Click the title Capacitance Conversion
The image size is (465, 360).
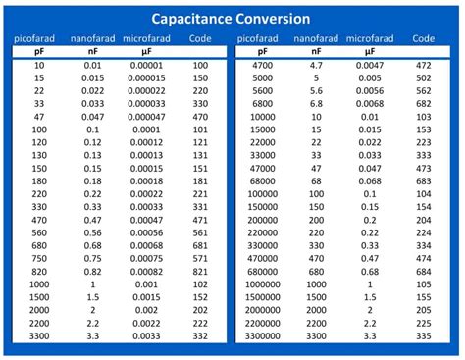pyautogui.click(x=232, y=19)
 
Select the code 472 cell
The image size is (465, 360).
pyautogui.click(x=423, y=65)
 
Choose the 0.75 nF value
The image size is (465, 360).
pyautogui.click(x=93, y=257)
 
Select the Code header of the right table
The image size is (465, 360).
pyautogui.click(x=423, y=38)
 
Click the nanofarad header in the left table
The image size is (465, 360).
pyautogui.click(x=93, y=38)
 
